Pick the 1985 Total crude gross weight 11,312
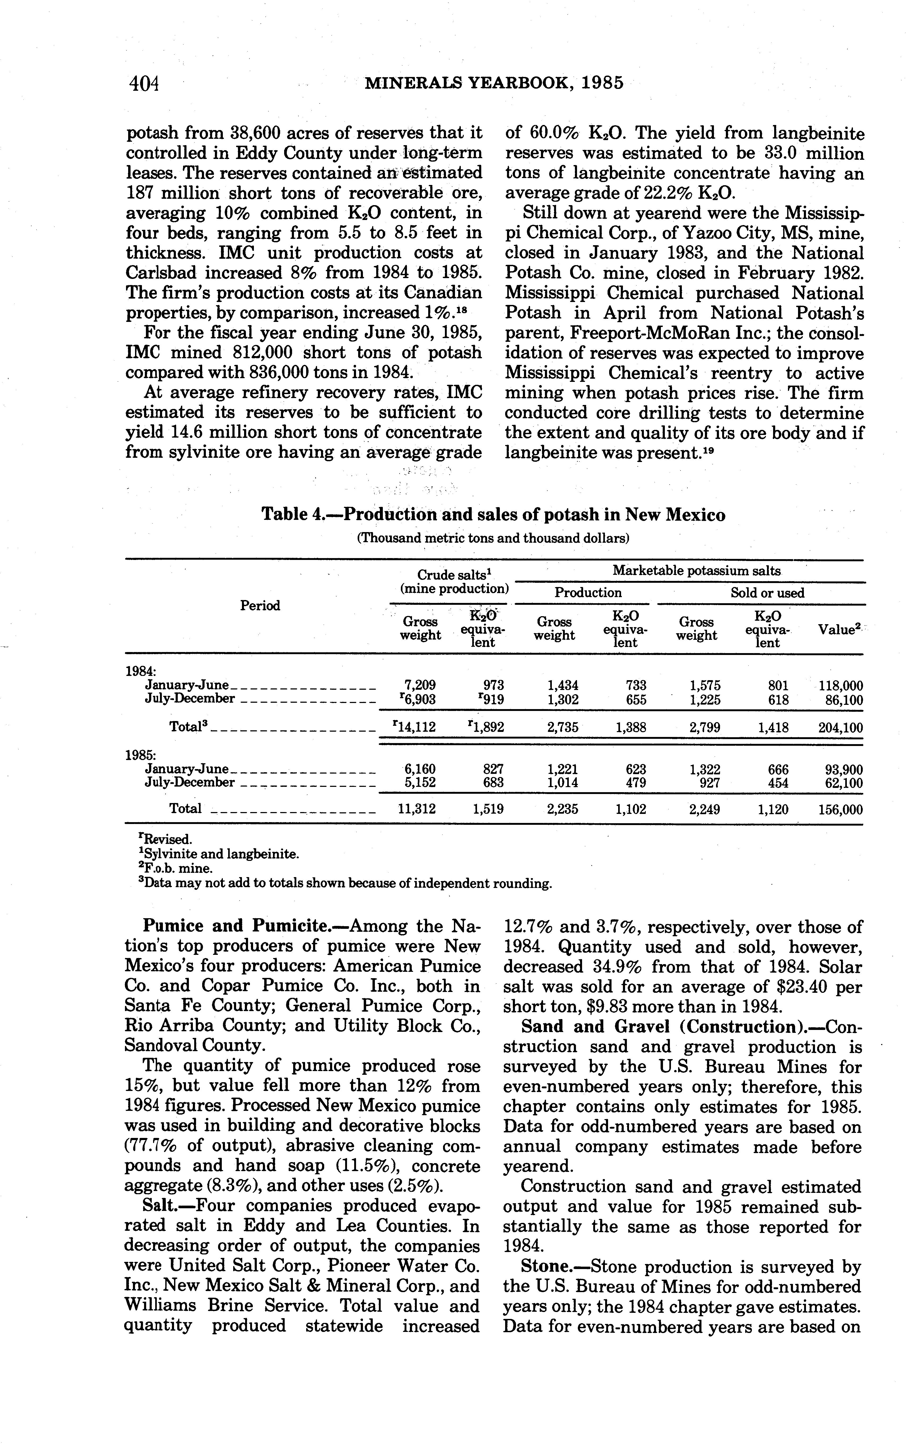pos(417,809)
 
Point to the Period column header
pos(260,605)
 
